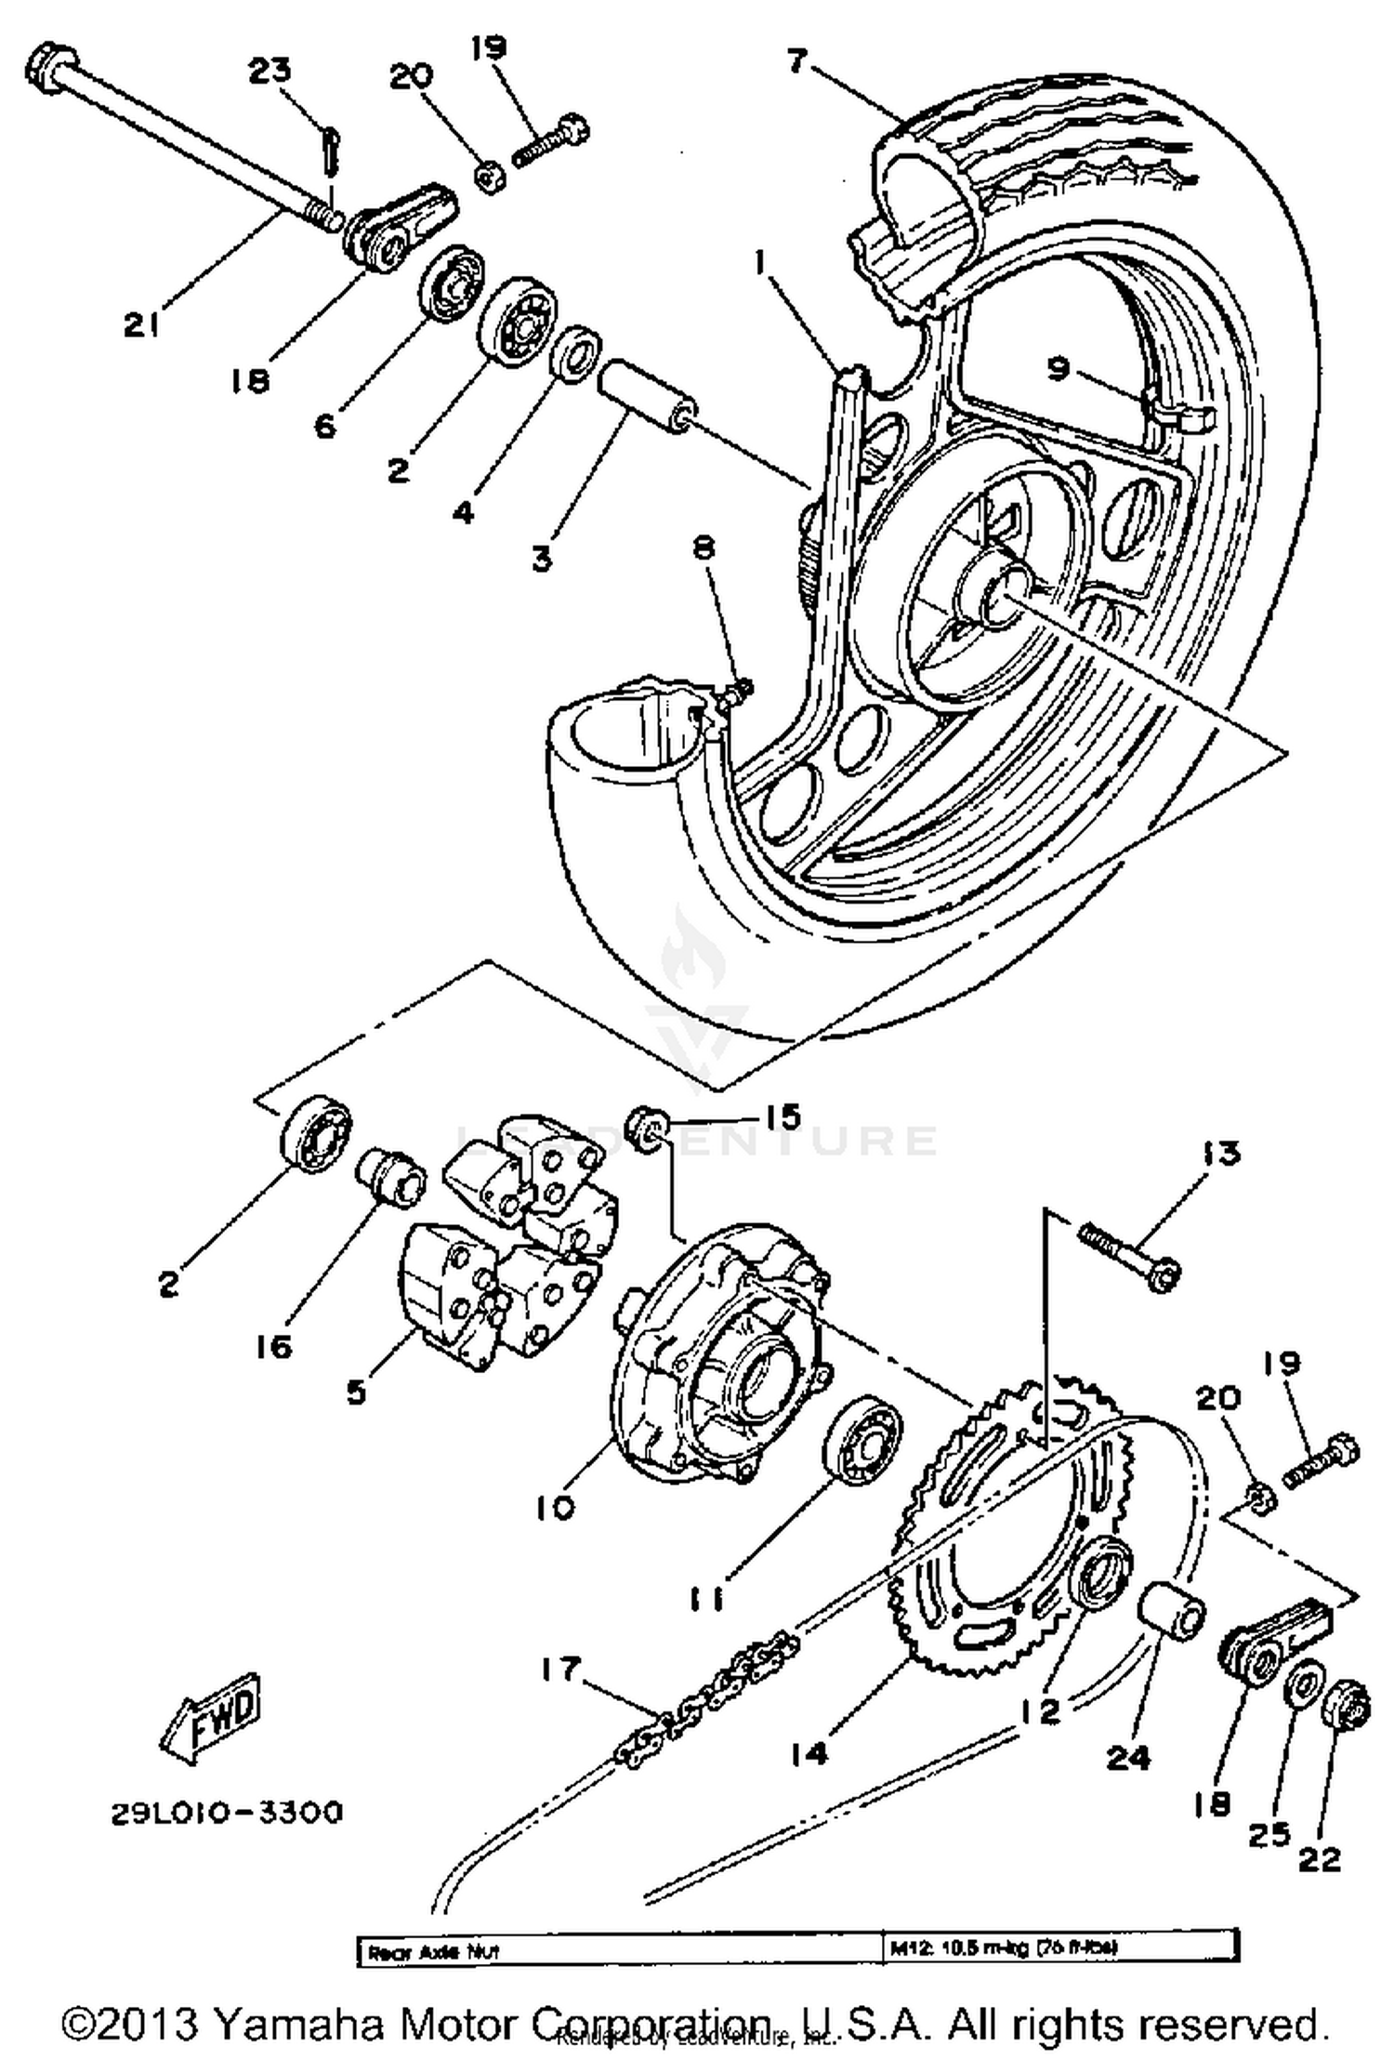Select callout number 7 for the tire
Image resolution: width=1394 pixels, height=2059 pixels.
pos(796,62)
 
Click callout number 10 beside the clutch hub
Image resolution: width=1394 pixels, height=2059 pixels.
pos(555,1508)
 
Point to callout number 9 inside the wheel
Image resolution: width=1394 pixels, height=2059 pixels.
pos(1059,369)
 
